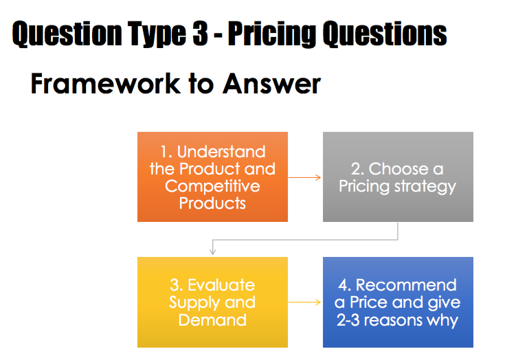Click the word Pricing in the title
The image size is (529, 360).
(272, 34)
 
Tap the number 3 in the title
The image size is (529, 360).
(200, 33)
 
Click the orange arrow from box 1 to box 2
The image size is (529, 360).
(304, 177)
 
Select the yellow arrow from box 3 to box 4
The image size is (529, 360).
(304, 302)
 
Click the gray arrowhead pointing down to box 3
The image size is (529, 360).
(212, 251)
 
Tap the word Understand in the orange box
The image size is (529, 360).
(221, 152)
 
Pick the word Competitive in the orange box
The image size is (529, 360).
(212, 186)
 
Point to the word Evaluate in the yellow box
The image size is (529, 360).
(221, 285)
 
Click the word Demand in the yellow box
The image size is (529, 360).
(212, 320)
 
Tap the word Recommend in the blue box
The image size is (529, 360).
(406, 285)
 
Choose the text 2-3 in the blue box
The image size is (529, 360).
(348, 320)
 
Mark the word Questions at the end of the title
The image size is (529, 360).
(385, 34)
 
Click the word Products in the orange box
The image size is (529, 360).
(212, 203)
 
